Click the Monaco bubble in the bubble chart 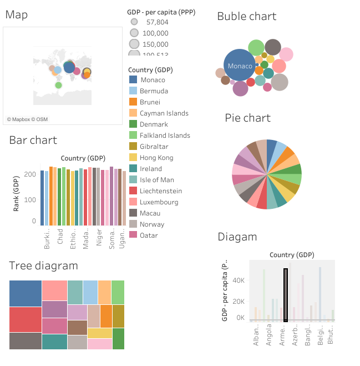(239, 66)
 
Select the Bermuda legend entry (154, 91)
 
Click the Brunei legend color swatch (133, 102)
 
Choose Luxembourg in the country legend (159, 202)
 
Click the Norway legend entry (152, 224)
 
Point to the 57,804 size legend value (157, 22)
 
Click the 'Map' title (17, 15)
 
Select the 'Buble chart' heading (246, 16)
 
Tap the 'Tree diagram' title (43, 266)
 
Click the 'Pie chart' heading (247, 118)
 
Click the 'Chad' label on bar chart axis (60, 244)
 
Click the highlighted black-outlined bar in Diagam (285, 295)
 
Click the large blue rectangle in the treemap (26, 293)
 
